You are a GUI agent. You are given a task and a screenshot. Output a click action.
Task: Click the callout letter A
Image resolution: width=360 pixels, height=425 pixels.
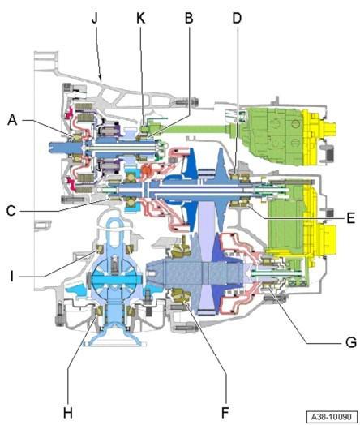point(12,120)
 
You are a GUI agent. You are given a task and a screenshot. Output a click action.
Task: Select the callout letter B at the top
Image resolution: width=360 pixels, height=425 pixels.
point(189,18)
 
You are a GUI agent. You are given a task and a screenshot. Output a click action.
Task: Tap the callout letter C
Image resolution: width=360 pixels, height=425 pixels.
point(11,211)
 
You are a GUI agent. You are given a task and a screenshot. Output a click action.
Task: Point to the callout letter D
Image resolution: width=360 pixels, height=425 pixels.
point(237,18)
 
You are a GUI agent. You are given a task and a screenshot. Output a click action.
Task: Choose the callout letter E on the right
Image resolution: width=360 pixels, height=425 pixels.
point(351,217)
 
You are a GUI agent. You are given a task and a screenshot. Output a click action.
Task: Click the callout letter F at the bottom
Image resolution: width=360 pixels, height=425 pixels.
point(225,413)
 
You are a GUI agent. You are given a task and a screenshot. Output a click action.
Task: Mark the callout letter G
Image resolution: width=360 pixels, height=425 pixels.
point(351,342)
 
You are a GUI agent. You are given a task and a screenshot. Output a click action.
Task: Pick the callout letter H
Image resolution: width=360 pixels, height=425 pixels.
point(68,413)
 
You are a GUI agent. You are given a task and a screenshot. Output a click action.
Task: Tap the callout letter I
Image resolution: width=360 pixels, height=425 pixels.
point(11,277)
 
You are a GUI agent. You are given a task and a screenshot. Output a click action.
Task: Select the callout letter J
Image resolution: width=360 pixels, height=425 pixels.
point(95,18)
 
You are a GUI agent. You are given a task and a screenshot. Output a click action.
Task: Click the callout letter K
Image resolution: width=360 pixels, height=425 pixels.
point(141,18)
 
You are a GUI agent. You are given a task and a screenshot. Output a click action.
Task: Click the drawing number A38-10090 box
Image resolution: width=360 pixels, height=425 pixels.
point(332,416)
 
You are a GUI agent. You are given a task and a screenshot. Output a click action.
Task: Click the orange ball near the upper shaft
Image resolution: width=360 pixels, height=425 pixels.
point(148,171)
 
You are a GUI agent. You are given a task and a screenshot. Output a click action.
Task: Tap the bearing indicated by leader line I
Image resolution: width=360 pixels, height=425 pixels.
point(100,249)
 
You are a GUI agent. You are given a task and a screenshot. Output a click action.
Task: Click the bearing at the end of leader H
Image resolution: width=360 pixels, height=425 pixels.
point(99,311)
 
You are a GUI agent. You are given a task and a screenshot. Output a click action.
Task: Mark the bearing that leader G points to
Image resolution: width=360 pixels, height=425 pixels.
point(268,285)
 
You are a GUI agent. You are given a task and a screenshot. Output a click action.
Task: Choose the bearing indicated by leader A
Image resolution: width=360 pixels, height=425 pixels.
point(77,138)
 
